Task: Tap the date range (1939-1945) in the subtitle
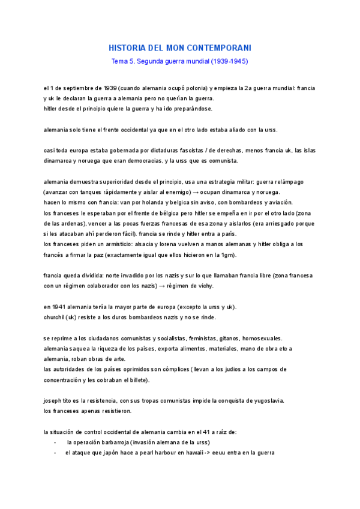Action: pos(227,61)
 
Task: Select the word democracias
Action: pos(179,160)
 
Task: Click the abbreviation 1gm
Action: pos(227,254)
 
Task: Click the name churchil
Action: pos(57,317)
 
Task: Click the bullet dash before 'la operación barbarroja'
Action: pos(55,442)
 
